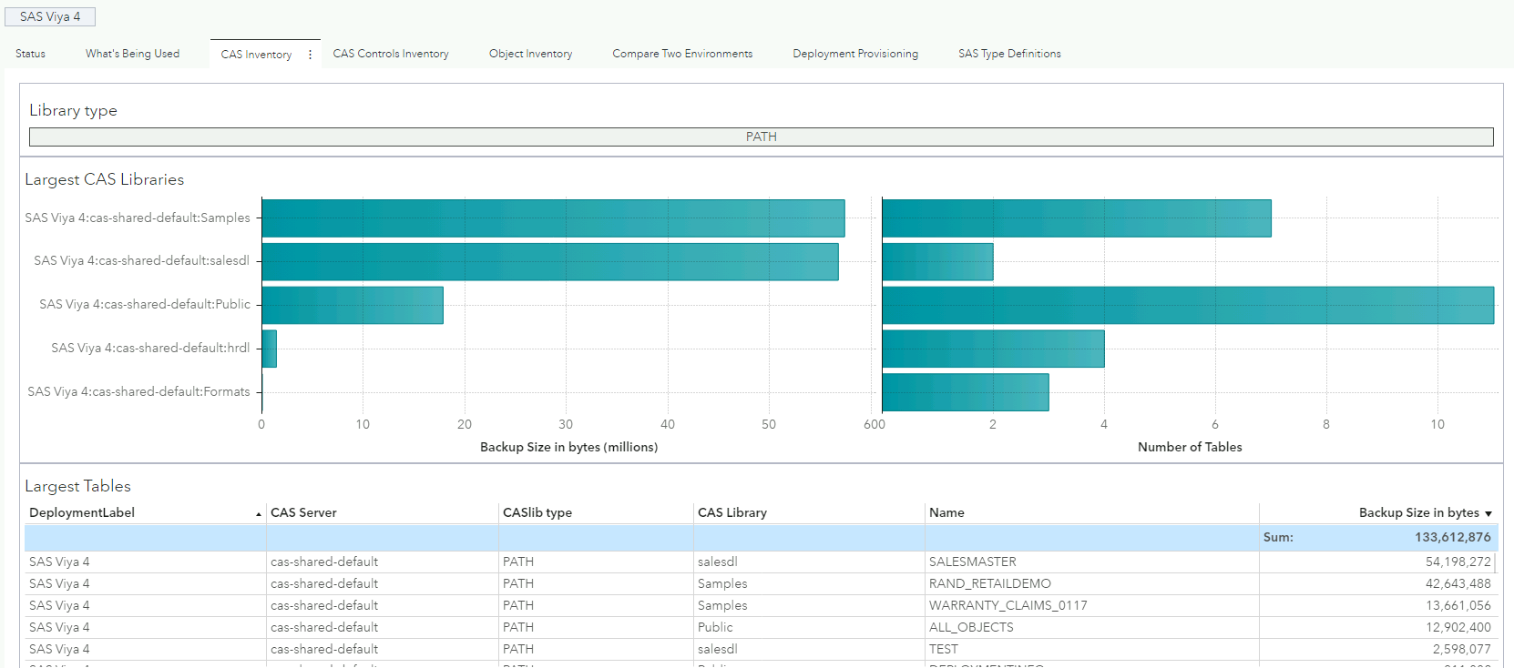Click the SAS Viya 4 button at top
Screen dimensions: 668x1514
[50, 16]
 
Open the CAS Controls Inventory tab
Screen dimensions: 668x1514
[391, 54]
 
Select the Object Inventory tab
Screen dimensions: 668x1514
[530, 54]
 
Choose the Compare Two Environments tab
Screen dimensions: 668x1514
[682, 54]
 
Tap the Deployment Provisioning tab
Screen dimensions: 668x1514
[855, 54]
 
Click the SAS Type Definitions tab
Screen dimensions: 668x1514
[1009, 54]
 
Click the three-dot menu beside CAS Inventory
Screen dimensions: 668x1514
[310, 55]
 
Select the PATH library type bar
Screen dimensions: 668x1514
[761, 137]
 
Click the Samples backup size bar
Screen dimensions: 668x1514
[552, 218]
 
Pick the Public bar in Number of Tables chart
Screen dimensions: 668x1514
[1187, 305]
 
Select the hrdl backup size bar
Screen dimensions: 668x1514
[269, 349]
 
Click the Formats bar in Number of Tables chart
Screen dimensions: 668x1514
[965, 392]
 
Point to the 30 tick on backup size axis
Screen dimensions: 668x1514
[566, 424]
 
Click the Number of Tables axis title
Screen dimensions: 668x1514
[1189, 447]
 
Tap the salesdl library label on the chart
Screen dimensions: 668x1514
[141, 261]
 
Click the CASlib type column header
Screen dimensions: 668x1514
[537, 512]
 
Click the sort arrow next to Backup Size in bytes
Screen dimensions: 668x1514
[1488, 514]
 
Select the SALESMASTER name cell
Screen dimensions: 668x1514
[972, 562]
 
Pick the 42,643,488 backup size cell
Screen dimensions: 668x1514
[1458, 583]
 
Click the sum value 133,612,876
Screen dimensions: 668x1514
[1452, 537]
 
